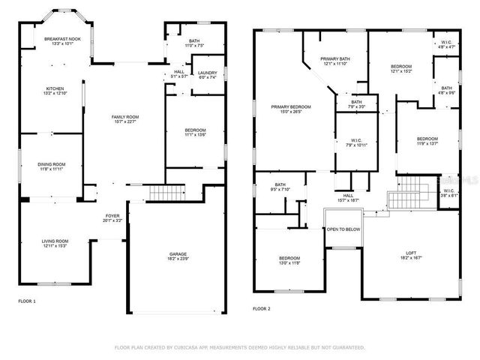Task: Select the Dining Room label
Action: coord(52,166)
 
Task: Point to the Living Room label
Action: coord(54,243)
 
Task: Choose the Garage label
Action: coord(178,256)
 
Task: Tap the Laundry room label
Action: coord(206,75)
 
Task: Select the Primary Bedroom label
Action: coord(291,110)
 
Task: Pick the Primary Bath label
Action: coord(336,61)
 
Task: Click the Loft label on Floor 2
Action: coord(411,254)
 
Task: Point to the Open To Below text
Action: coord(343,229)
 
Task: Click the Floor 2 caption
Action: coord(261,308)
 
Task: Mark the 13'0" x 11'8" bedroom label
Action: coord(289,260)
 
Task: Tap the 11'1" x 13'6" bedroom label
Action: coord(195,133)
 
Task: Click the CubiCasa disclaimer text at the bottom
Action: coord(239,347)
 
